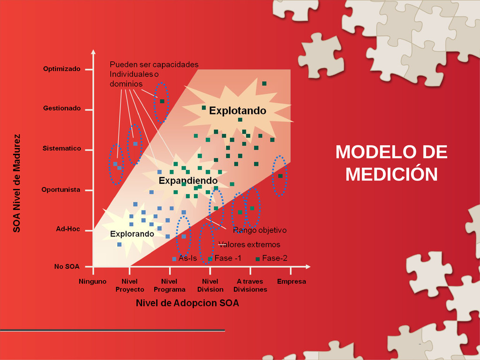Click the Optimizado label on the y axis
coord(61,69)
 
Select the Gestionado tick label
coord(62,108)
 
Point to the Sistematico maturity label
coord(62,149)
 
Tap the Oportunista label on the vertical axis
coord(61,190)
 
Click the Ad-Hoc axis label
coord(68,229)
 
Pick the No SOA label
coord(67,267)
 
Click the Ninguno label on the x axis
coord(92,281)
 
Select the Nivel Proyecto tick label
coord(130,285)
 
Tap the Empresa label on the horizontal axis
coord(292,281)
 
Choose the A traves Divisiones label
coord(250,285)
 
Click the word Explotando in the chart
coord(238,111)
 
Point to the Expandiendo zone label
coord(188,180)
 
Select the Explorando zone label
coord(132,234)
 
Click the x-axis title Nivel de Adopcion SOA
coord(187,303)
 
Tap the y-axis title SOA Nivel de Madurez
coord(16,183)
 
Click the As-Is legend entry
coord(185,258)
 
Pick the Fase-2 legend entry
coord(271,258)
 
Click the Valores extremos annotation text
coord(249,245)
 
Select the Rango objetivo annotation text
coord(260,230)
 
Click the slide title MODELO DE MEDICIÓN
coord(391,163)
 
